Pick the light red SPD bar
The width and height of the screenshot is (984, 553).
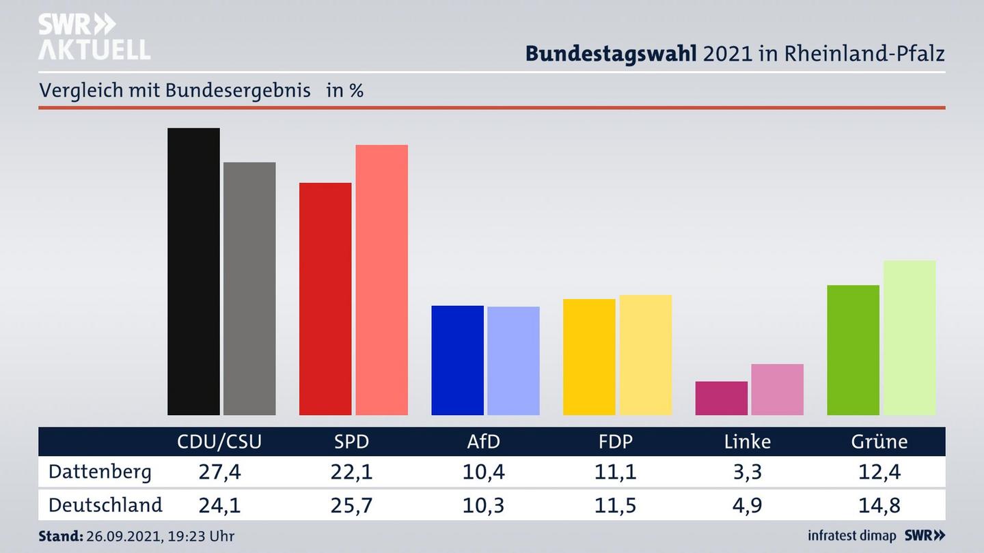click(381, 279)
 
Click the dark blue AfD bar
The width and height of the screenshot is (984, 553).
click(457, 360)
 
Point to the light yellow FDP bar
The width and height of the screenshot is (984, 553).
click(645, 354)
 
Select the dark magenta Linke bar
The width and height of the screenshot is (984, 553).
click(721, 398)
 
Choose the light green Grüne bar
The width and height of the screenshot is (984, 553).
click(909, 337)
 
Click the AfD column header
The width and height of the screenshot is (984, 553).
click(483, 442)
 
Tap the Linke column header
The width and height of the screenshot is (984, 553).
click(747, 442)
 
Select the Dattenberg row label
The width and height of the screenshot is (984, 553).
click(100, 472)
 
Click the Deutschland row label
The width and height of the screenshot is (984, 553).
click(105, 505)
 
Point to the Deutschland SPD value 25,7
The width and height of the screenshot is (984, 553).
click(351, 505)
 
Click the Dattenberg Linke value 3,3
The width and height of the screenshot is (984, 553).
click(747, 472)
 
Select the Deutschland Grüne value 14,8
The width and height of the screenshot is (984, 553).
click(879, 505)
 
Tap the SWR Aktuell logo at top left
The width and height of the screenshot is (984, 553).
click(94, 37)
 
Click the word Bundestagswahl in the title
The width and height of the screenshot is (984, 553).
click(611, 54)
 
